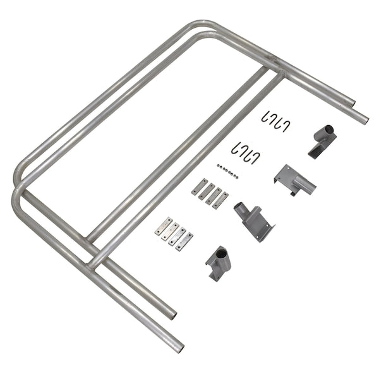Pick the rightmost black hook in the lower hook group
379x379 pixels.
click(256, 155)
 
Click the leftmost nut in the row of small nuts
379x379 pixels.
click(218, 167)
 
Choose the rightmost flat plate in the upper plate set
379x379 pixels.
click(221, 200)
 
